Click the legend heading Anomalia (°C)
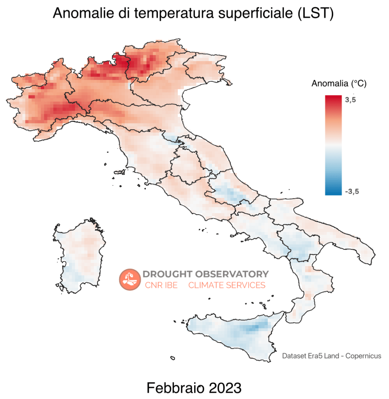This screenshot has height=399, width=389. click(339, 83)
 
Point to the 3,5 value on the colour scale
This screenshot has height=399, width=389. click(350, 100)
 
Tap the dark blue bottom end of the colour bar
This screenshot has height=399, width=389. click(333, 192)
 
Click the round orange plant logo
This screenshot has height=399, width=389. click(129, 279)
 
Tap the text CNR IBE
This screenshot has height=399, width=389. click(161, 285)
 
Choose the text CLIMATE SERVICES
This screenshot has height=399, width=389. click(227, 285)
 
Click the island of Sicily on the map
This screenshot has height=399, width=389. click(233, 335)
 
